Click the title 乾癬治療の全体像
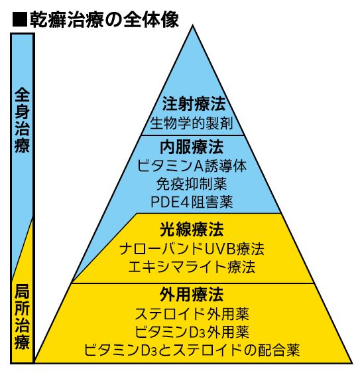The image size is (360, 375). pyautogui.click(x=104, y=19)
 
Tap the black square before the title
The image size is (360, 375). pyautogui.click(x=20, y=19)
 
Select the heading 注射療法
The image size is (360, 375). pyautogui.click(x=194, y=104)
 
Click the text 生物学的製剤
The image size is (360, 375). pyautogui.click(x=192, y=123)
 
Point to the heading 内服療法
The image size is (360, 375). pyautogui.click(x=192, y=147)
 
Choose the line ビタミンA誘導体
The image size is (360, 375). pyautogui.click(x=192, y=166)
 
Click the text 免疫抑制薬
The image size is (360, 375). pyautogui.click(x=192, y=184)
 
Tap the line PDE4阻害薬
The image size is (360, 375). pyautogui.click(x=192, y=202)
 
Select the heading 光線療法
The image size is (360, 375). pyautogui.click(x=192, y=230)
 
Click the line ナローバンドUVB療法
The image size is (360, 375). pyautogui.click(x=192, y=249)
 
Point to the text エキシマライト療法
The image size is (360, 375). pyautogui.click(x=192, y=267)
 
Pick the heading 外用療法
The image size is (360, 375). pyautogui.click(x=192, y=295)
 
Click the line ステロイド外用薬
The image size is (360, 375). pyautogui.click(x=192, y=314)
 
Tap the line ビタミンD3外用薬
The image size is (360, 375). pyautogui.click(x=192, y=332)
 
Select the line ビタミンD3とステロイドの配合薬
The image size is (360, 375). pyautogui.click(x=192, y=350)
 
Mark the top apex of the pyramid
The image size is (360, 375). pyautogui.click(x=193, y=25)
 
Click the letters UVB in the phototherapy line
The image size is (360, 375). pyautogui.click(x=217, y=249)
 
